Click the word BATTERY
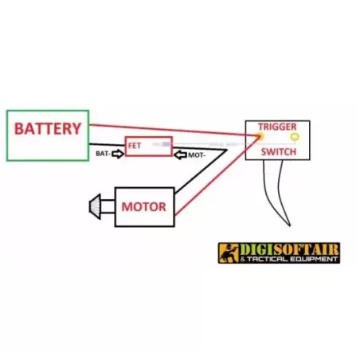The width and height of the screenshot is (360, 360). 48,128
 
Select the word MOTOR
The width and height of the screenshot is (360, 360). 144,207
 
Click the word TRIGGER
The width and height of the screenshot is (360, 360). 276,127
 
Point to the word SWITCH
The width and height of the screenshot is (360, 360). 278,151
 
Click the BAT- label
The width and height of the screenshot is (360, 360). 102,152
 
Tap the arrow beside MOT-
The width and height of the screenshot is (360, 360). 180,153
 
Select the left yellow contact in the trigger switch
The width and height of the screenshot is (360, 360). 260,137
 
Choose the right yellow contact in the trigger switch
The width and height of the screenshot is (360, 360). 295,137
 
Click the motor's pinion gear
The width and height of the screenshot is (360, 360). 97,207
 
